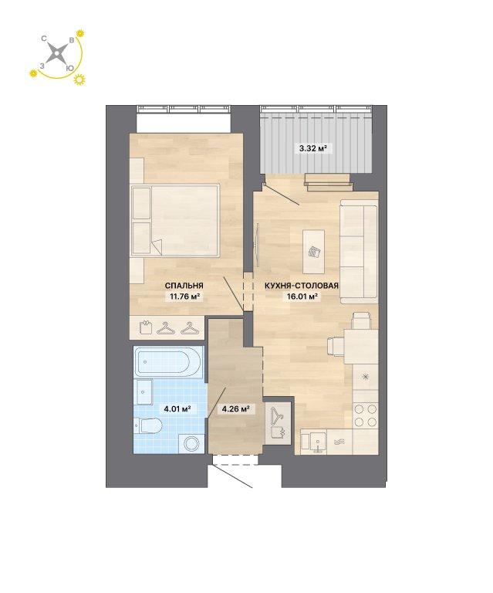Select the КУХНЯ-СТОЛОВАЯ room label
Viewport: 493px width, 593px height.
(x=302, y=286)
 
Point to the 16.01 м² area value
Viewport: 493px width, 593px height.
(x=302, y=296)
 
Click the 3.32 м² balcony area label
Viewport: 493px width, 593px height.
(x=312, y=148)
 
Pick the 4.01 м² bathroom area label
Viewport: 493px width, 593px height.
(x=177, y=408)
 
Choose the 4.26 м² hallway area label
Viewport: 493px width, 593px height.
(x=235, y=408)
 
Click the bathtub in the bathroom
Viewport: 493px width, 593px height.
(x=168, y=363)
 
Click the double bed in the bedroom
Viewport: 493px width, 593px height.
(x=175, y=221)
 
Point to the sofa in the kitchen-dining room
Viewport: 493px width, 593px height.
(x=359, y=252)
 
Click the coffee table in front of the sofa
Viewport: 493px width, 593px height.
(x=313, y=252)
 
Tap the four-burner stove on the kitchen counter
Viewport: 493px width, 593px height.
(x=366, y=415)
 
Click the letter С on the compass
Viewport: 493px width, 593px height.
(x=44, y=39)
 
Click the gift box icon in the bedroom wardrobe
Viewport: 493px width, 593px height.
(x=145, y=327)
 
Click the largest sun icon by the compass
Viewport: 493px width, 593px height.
(x=79, y=79)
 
